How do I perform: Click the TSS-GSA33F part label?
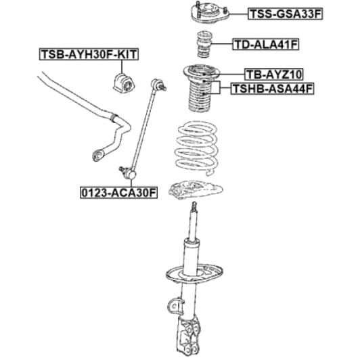click(x=285, y=14)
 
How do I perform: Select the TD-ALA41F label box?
click(x=266, y=44)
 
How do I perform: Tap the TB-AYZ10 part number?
click(x=274, y=74)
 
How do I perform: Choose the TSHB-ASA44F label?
click(x=272, y=89)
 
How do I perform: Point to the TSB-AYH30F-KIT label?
click(x=89, y=54)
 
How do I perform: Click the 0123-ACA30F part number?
click(x=118, y=193)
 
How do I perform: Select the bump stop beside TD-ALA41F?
click(x=204, y=44)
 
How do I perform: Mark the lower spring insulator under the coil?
click(x=196, y=189)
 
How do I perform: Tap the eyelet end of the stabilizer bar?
click(x=98, y=155)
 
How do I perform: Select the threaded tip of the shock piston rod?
click(x=194, y=206)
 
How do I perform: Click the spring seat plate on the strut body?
click(x=194, y=274)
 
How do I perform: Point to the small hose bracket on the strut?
click(x=176, y=306)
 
